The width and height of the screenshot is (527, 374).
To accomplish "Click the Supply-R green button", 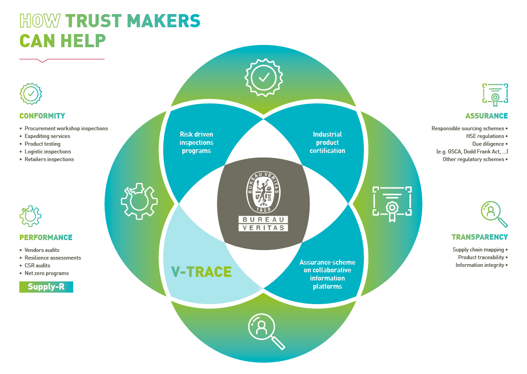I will [x=46, y=287].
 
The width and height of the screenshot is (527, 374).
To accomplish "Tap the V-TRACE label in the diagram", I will [x=201, y=271].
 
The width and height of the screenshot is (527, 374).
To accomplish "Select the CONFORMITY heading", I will [x=42, y=116].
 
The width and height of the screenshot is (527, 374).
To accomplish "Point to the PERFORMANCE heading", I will [x=46, y=237].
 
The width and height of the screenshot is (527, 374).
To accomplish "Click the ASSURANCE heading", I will [x=486, y=116].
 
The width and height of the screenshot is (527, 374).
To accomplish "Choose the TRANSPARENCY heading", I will [x=479, y=237].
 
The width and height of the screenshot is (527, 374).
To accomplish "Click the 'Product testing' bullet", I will [x=42, y=144].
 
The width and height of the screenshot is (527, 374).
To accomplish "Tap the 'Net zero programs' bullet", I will [x=46, y=273].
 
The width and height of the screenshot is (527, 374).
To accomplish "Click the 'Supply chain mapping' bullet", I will [x=478, y=250].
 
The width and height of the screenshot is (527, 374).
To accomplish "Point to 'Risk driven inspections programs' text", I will [x=197, y=143].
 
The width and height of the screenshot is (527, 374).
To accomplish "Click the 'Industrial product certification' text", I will [x=327, y=143].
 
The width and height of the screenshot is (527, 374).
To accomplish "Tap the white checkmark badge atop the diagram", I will [x=264, y=77].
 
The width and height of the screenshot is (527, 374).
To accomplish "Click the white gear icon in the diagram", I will [x=139, y=201].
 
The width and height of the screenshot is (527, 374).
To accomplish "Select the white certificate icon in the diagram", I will [x=392, y=202].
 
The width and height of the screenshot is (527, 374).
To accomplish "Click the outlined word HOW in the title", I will [x=40, y=21].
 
